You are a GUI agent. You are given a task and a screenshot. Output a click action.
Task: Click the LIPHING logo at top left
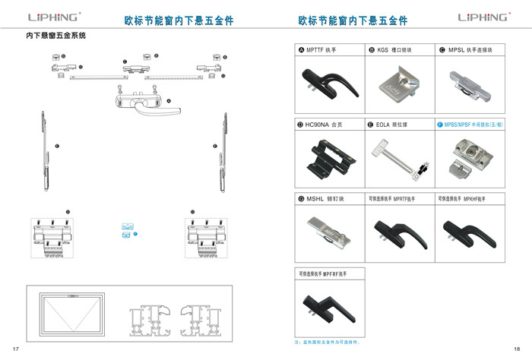54,17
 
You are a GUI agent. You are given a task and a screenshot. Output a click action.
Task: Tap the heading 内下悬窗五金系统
56,36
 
